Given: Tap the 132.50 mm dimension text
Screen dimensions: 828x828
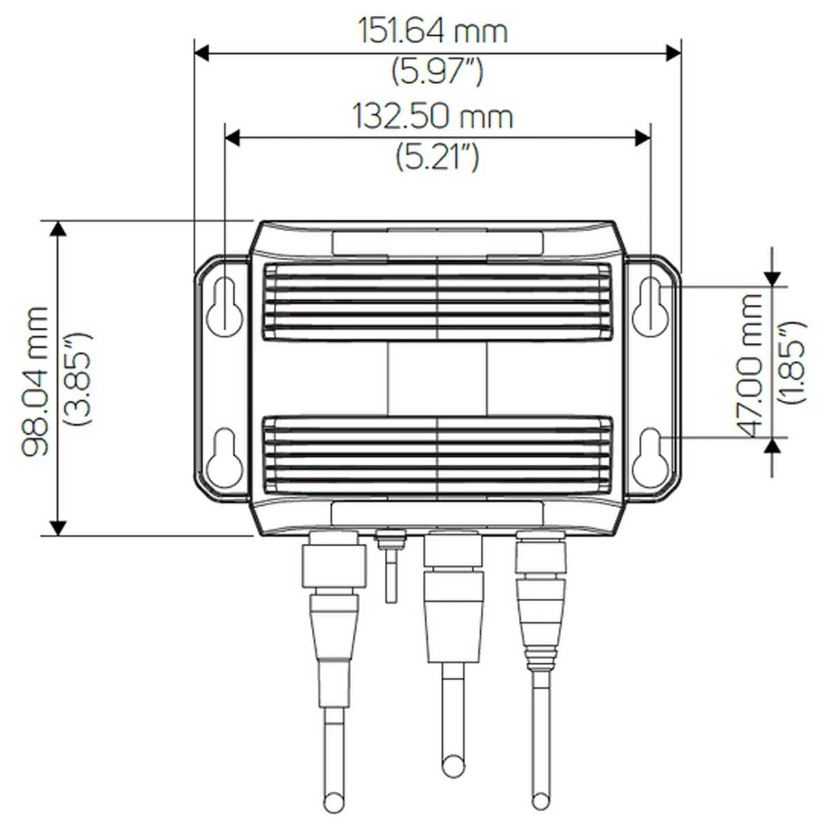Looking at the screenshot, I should click(433, 117).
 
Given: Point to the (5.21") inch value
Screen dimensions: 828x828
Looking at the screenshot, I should click(437, 157).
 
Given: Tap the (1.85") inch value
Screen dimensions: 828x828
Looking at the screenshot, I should click(791, 362).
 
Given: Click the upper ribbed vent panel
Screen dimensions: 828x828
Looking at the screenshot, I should click(437, 302).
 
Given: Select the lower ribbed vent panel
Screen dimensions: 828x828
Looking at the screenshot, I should click(437, 453).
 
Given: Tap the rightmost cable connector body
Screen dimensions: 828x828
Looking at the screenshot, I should click(542, 593).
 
